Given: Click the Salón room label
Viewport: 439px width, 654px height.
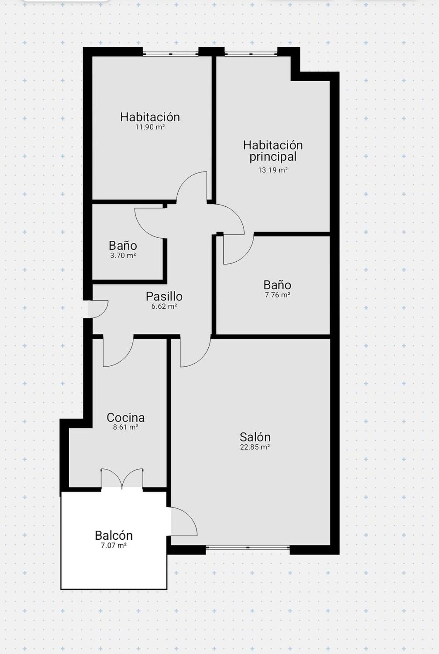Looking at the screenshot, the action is point(255,437).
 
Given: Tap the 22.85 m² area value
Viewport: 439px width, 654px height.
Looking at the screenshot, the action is point(255,447).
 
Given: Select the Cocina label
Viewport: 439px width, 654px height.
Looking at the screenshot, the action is point(126,417).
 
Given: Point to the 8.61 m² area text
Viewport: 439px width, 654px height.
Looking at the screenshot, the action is point(126,427).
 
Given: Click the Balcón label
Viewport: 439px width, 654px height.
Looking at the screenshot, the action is point(114,535).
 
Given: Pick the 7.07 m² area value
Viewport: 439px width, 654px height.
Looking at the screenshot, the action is point(114,545).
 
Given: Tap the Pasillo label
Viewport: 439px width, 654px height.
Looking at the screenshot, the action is point(164,296).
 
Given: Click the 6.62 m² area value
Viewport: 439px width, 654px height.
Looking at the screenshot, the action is point(164,306).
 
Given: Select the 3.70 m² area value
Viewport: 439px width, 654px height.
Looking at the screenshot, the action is point(123,256).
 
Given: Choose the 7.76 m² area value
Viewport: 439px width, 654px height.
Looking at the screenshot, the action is point(277,295).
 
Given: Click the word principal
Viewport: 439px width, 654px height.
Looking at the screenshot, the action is point(273,157).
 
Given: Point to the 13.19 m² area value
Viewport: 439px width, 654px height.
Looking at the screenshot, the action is point(273,170).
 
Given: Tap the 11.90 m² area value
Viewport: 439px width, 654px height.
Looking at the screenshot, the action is point(150,127).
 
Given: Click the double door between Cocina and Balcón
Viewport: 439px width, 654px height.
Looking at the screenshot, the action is point(122,479).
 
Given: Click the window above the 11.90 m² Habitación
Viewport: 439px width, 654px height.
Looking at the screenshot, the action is point(171,54).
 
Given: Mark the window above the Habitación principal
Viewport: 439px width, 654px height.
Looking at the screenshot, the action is point(251,54).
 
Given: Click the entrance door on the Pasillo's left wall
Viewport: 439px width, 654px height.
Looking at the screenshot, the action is point(98,309).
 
